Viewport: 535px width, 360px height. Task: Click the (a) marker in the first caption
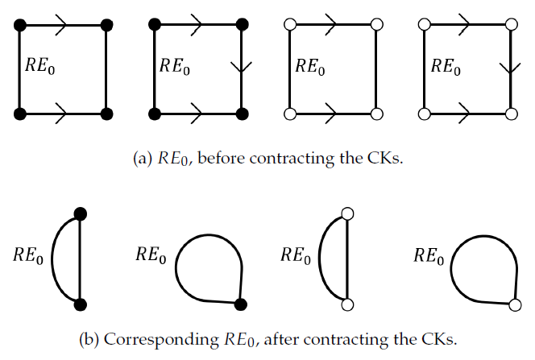[x=142, y=159]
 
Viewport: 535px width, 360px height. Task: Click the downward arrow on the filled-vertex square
[x=241, y=68]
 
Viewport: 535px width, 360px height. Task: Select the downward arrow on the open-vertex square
[x=509, y=68]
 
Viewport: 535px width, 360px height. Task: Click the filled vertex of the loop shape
[x=241, y=304]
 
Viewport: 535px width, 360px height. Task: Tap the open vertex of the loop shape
[x=514, y=304]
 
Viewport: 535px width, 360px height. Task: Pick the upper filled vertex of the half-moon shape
[x=80, y=213]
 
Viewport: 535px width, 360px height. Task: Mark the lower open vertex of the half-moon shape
[x=348, y=304]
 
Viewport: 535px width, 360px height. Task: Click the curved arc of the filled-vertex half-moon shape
[x=52, y=258]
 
